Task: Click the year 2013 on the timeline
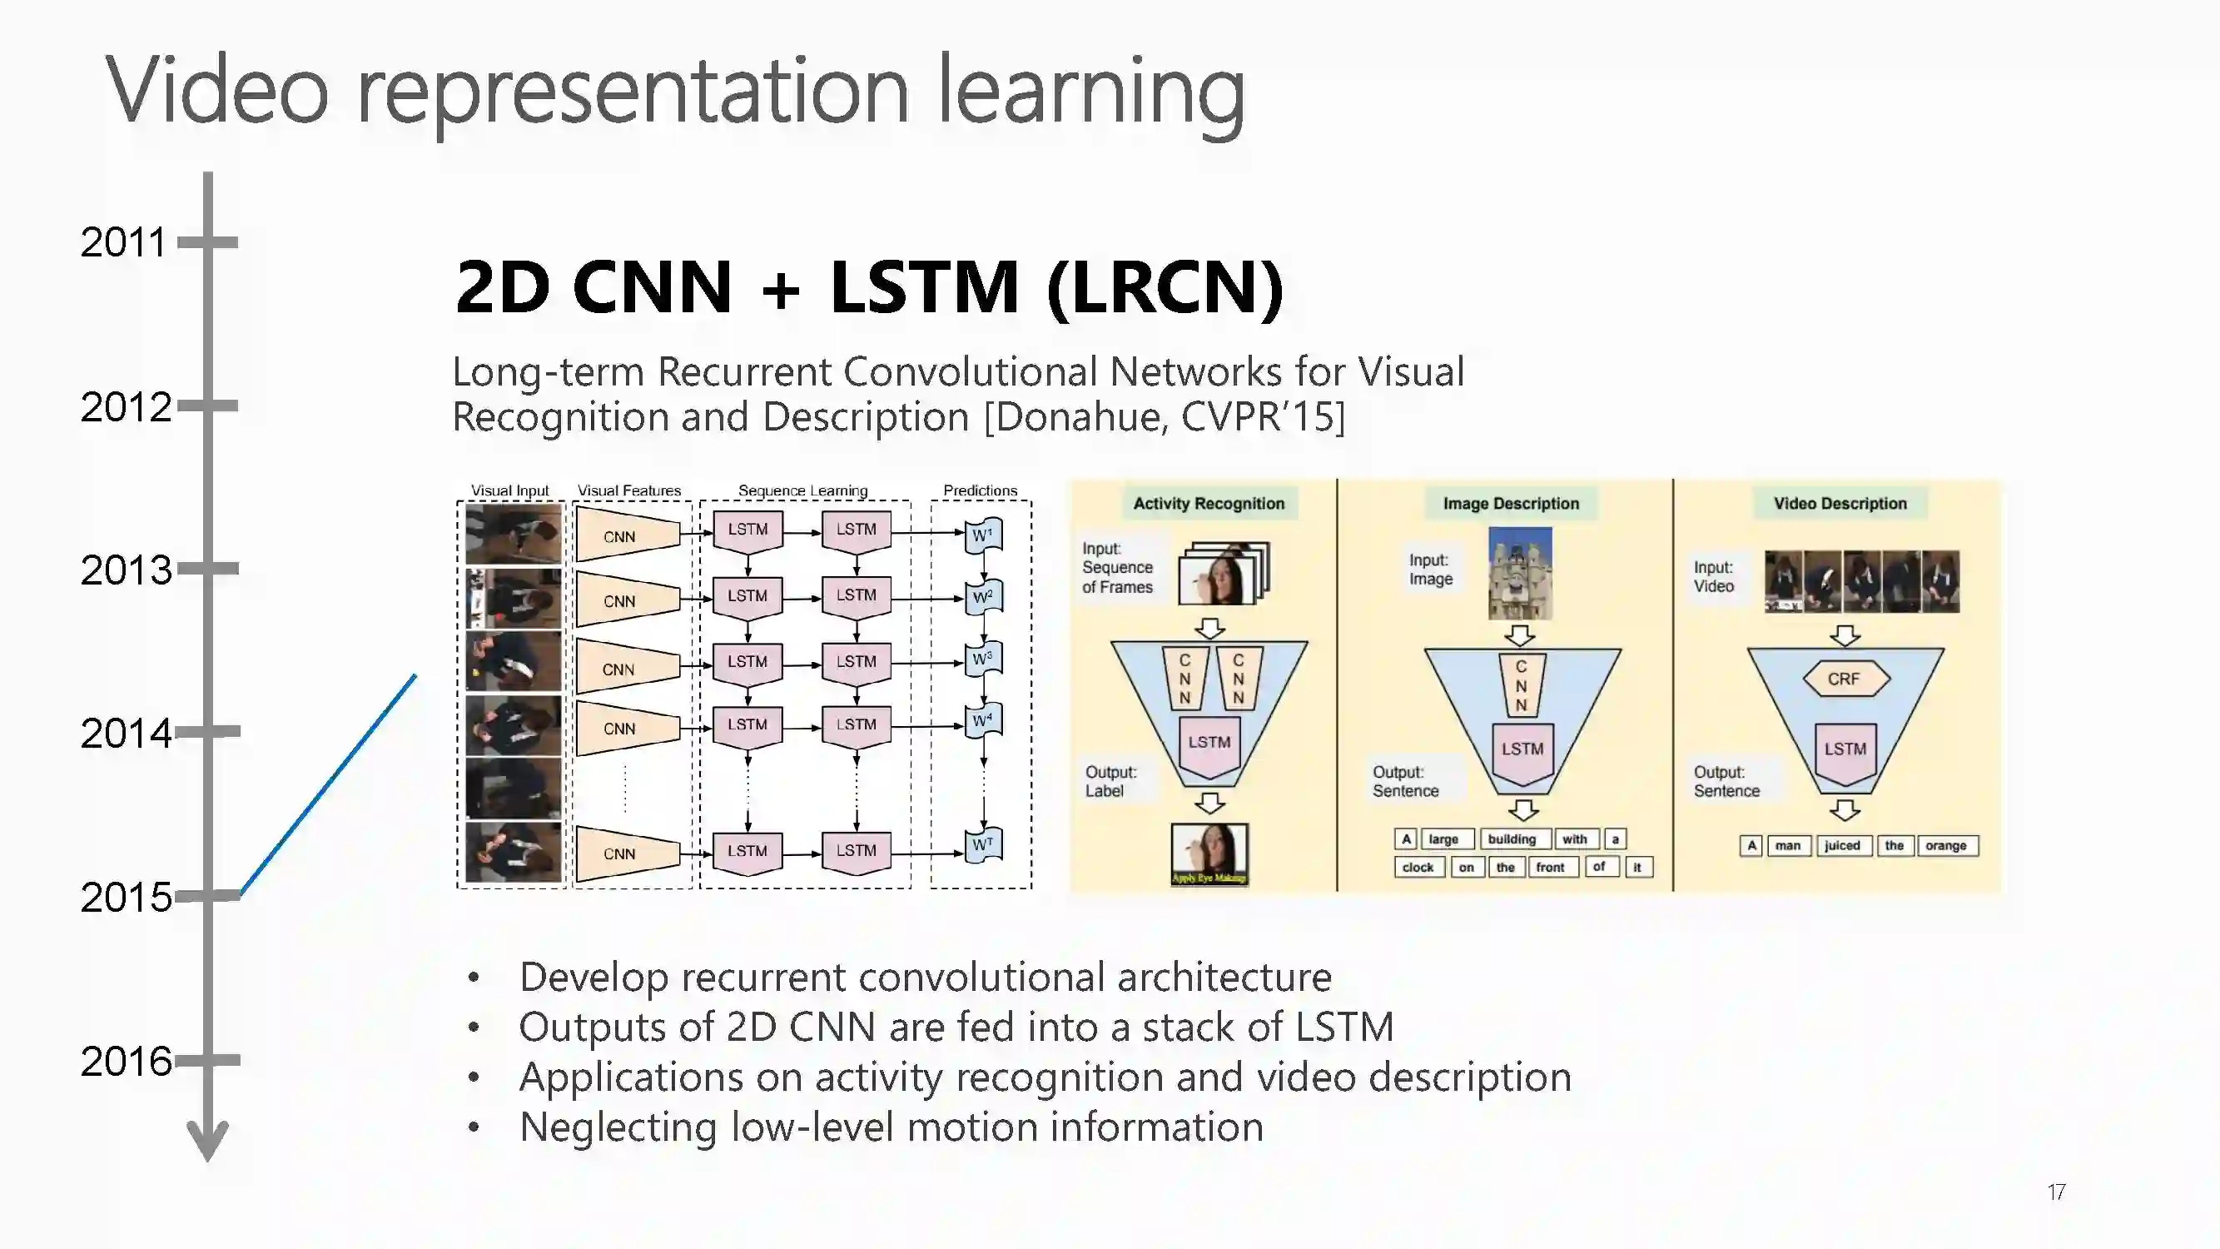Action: (126, 570)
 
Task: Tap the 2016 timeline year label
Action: (126, 1061)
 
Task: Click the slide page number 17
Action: (2056, 1192)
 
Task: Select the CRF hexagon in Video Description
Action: (1845, 679)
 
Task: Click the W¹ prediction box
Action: (983, 535)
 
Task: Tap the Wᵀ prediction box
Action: (983, 844)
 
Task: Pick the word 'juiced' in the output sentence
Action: (1841, 846)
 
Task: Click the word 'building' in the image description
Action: (1512, 839)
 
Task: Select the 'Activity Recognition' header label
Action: (1209, 504)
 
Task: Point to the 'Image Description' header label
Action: (1511, 504)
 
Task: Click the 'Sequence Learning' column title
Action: (802, 490)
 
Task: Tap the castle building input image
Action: (1519, 573)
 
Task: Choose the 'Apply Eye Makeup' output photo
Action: (1209, 853)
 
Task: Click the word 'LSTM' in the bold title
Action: (924, 286)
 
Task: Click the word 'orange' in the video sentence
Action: (1946, 846)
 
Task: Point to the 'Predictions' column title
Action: (980, 490)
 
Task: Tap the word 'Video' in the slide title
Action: (217, 90)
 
